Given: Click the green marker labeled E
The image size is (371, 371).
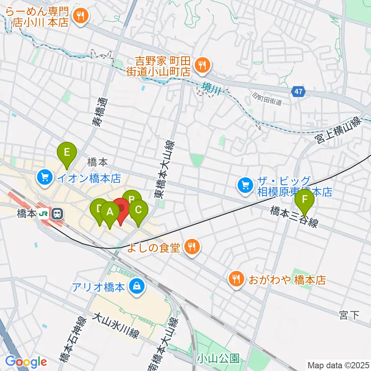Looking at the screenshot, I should point(66,152).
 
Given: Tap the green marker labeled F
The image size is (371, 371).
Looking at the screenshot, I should point(305,199).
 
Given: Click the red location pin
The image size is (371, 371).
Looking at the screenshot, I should point(121,209).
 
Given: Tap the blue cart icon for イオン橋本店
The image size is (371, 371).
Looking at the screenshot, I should point(45,178).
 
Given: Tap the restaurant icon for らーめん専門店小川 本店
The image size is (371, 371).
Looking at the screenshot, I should point(81,15).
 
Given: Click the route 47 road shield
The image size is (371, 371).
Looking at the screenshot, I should point(298,92).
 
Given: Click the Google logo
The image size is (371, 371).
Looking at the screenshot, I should point(26,362).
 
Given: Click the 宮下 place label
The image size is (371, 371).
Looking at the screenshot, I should point(349,315).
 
